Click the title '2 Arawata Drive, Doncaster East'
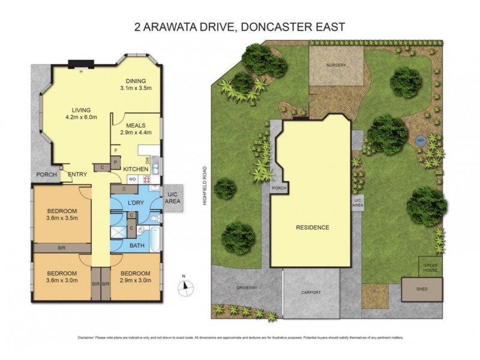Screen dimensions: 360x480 (239, 26)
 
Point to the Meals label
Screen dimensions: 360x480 (136, 125)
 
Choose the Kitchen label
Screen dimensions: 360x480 (135, 169)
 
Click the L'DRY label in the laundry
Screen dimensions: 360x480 (134, 204)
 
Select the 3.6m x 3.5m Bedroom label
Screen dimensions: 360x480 (62, 214)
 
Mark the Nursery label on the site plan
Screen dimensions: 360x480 (336, 65)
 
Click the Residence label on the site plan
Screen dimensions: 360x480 (312, 228)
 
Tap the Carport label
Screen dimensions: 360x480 (311, 292)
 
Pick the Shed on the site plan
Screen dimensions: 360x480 (422, 289)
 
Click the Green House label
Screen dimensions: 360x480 (430, 267)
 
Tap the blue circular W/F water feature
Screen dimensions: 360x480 (419, 140)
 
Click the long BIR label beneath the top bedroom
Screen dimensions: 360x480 (61, 247)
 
